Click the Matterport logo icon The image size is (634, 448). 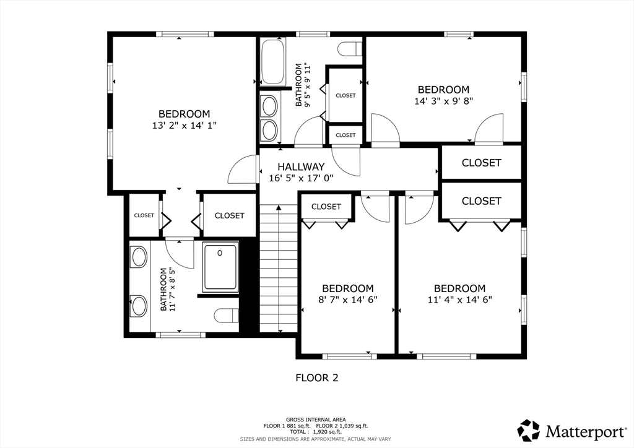pos(529,431)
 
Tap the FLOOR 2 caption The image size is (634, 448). pos(317,377)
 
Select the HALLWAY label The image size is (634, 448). pos(301,166)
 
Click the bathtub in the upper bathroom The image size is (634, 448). pos(272,61)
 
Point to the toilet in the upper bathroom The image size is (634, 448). pos(350,49)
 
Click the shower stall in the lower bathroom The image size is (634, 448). pos(220,267)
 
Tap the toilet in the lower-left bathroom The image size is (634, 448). pos(227,316)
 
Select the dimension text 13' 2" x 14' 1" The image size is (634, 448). pos(185,126)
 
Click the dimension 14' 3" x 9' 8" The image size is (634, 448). pos(443,101)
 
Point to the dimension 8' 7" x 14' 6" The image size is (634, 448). pos(348,299)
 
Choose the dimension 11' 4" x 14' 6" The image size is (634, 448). pos(460,299)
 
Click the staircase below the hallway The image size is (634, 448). pos(279,268)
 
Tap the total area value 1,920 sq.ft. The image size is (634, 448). pos(327,432)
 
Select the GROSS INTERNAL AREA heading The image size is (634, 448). pos(316,420)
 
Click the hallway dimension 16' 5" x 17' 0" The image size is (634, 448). pos(302,178)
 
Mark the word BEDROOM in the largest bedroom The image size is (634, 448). pos(185,114)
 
